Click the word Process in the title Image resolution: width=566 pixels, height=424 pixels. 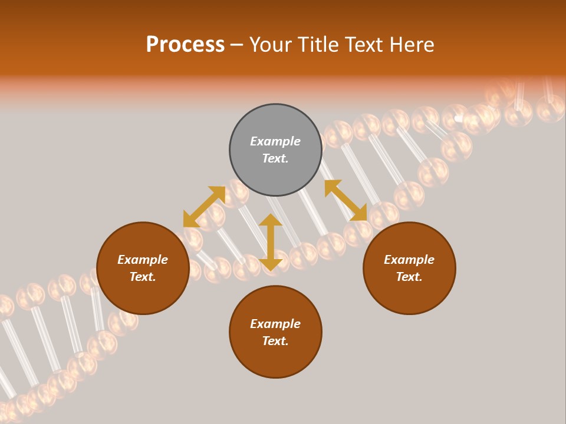pyautogui.click(x=185, y=45)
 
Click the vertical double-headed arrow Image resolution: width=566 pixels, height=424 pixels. pyautogui.click(x=271, y=242)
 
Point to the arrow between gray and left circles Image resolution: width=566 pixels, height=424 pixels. pyautogui.click(x=204, y=207)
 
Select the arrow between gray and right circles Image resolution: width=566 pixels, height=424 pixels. pyautogui.click(x=345, y=200)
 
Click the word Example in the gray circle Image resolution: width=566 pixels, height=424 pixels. pyautogui.click(x=275, y=141)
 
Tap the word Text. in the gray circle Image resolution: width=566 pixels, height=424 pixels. pyautogui.click(x=275, y=158)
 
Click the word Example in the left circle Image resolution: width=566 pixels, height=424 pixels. pyautogui.click(x=143, y=260)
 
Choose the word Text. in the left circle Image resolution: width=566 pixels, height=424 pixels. pyautogui.click(x=143, y=277)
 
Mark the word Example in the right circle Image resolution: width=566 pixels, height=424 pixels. pyautogui.click(x=409, y=260)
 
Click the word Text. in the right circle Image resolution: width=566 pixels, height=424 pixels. pyautogui.click(x=409, y=277)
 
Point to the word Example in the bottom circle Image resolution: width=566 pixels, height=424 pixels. pyautogui.click(x=275, y=324)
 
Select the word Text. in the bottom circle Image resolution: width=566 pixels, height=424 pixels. pyautogui.click(x=275, y=341)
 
